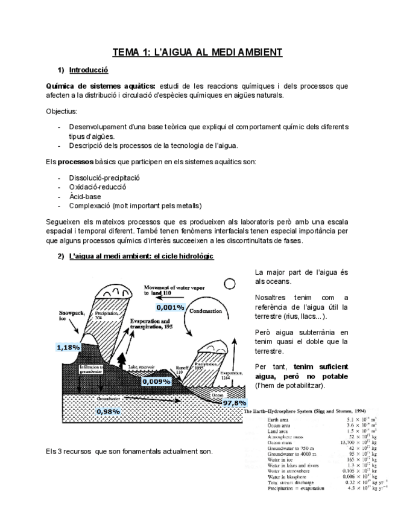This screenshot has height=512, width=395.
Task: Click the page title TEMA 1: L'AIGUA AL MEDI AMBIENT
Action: pyautogui.click(x=197, y=53)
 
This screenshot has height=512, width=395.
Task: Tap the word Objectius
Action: pyautogui.click(x=61, y=112)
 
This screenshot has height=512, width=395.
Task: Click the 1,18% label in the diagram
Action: pyautogui.click(x=68, y=347)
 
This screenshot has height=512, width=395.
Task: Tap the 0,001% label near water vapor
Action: pyautogui.click(x=169, y=307)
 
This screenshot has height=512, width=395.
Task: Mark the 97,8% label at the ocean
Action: pyautogui.click(x=234, y=402)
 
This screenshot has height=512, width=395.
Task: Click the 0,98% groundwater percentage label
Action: pyautogui.click(x=109, y=411)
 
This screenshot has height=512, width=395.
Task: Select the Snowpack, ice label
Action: pyautogui.click(x=71, y=316)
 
